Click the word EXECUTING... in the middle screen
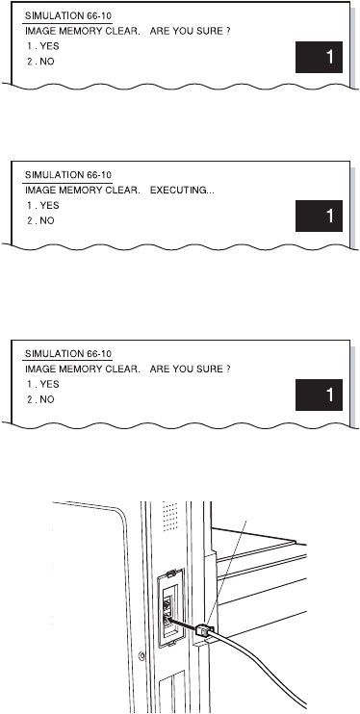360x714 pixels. click(x=182, y=191)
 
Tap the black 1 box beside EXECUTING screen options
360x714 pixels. click(x=319, y=216)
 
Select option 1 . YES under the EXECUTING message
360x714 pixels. click(x=42, y=205)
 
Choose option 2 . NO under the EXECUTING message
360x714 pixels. click(x=40, y=221)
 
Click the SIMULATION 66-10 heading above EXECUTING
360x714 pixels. click(x=68, y=175)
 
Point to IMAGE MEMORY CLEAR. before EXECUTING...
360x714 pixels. click(x=83, y=191)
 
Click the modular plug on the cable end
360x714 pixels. click(x=205, y=629)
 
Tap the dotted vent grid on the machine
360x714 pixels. click(x=170, y=516)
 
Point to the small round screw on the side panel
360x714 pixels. click(x=141, y=655)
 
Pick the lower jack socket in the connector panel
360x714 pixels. click(x=167, y=618)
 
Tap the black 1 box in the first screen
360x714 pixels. click(x=319, y=57)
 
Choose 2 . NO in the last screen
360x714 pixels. click(x=40, y=399)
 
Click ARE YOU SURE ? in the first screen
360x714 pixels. click(x=190, y=32)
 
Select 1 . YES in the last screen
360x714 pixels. click(x=42, y=384)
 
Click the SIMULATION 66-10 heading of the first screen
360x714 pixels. click(x=68, y=16)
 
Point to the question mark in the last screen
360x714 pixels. click(x=228, y=370)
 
